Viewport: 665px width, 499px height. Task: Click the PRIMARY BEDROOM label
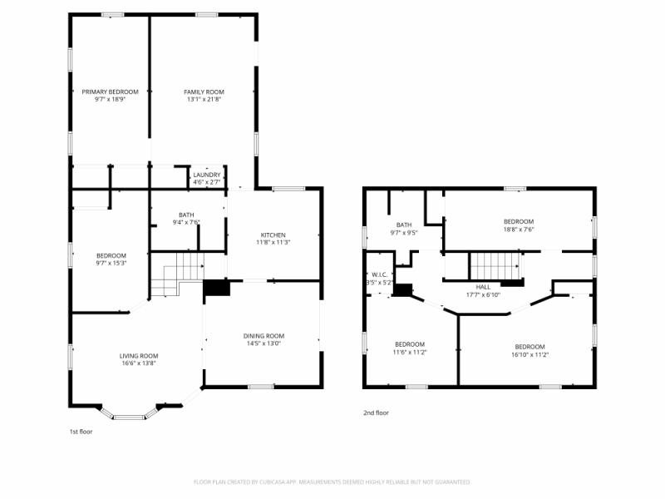pos(110,91)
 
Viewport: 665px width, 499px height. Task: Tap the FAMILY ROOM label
pos(204,91)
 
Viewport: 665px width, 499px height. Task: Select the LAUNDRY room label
pos(207,175)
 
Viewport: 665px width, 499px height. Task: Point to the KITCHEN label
pos(273,235)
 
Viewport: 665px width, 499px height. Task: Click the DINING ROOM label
pos(264,336)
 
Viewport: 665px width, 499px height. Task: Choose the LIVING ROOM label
pos(138,355)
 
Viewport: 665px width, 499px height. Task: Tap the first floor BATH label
pos(186,215)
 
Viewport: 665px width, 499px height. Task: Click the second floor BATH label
pos(404,225)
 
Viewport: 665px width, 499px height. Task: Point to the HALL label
pos(483,286)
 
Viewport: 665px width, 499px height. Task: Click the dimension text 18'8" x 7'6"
pos(519,230)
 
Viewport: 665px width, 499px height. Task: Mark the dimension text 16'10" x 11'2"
pos(530,355)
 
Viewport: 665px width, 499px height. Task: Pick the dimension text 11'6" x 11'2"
pos(410,353)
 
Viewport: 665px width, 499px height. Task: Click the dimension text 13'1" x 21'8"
pos(204,100)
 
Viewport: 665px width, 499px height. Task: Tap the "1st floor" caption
pos(81,432)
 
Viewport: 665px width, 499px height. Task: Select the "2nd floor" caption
pos(376,413)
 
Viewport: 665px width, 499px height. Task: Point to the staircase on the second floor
pos(495,266)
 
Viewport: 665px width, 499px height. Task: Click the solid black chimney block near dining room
pos(217,288)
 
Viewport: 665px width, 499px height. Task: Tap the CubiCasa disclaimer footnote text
pos(332,482)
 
